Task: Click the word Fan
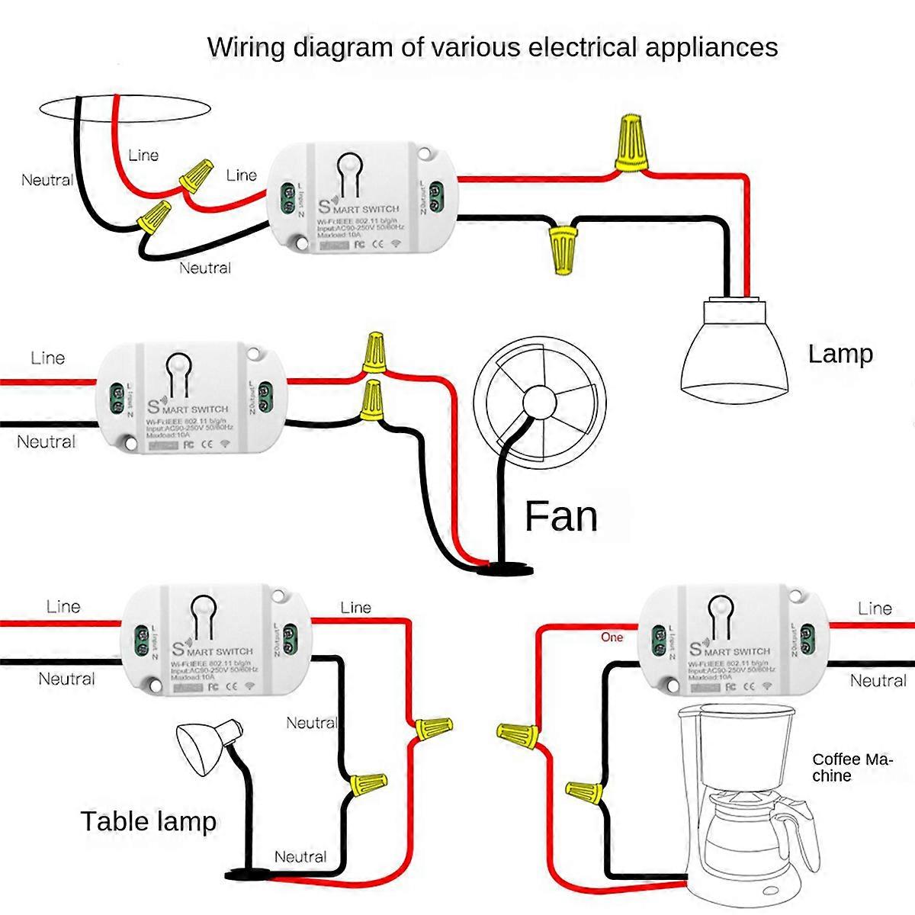[560, 517]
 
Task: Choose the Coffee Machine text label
[851, 768]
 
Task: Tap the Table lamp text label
[148, 822]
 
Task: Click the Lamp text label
[840, 355]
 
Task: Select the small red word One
[612, 637]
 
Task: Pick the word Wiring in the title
[248, 47]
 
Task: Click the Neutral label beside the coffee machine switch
[878, 681]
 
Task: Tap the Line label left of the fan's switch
[47, 358]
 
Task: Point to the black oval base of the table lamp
[249, 875]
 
